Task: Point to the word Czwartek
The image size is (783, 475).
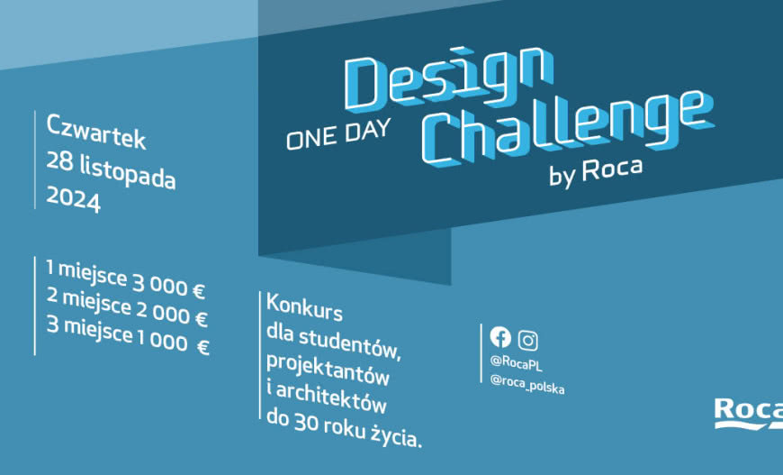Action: tap(95, 132)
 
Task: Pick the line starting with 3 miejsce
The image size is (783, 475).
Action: tap(127, 342)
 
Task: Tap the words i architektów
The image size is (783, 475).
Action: tap(327, 390)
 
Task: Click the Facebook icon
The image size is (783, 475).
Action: tap(500, 337)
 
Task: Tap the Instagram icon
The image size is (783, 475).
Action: tap(528, 340)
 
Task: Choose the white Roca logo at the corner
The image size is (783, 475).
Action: tap(747, 412)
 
